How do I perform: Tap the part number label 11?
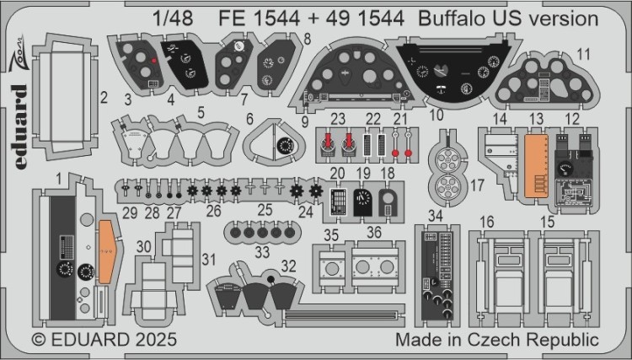582,55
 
